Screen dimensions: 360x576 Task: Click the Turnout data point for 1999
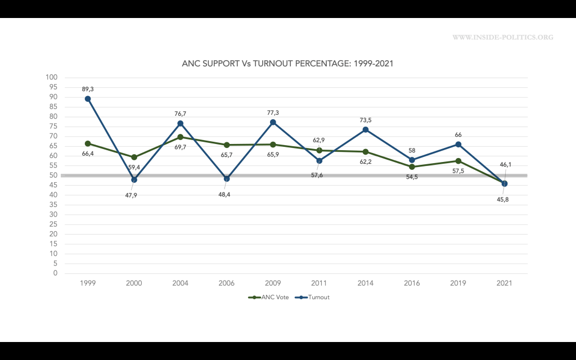tap(88, 98)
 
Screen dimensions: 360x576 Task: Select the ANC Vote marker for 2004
tap(181, 137)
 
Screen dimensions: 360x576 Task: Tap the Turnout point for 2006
tap(227, 178)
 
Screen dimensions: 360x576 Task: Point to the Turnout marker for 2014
tap(366, 129)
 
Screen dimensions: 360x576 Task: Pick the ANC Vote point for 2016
tap(412, 166)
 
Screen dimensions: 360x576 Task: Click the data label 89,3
tap(88, 89)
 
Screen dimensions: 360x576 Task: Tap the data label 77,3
tap(273, 112)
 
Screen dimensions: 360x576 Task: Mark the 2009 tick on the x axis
tap(273, 283)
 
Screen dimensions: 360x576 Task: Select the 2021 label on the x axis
tap(505, 283)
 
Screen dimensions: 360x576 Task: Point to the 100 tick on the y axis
tap(52, 78)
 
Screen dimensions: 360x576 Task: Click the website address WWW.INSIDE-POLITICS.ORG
tap(503, 38)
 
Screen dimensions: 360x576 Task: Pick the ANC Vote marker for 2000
tap(134, 157)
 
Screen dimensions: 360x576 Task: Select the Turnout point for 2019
tap(458, 144)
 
